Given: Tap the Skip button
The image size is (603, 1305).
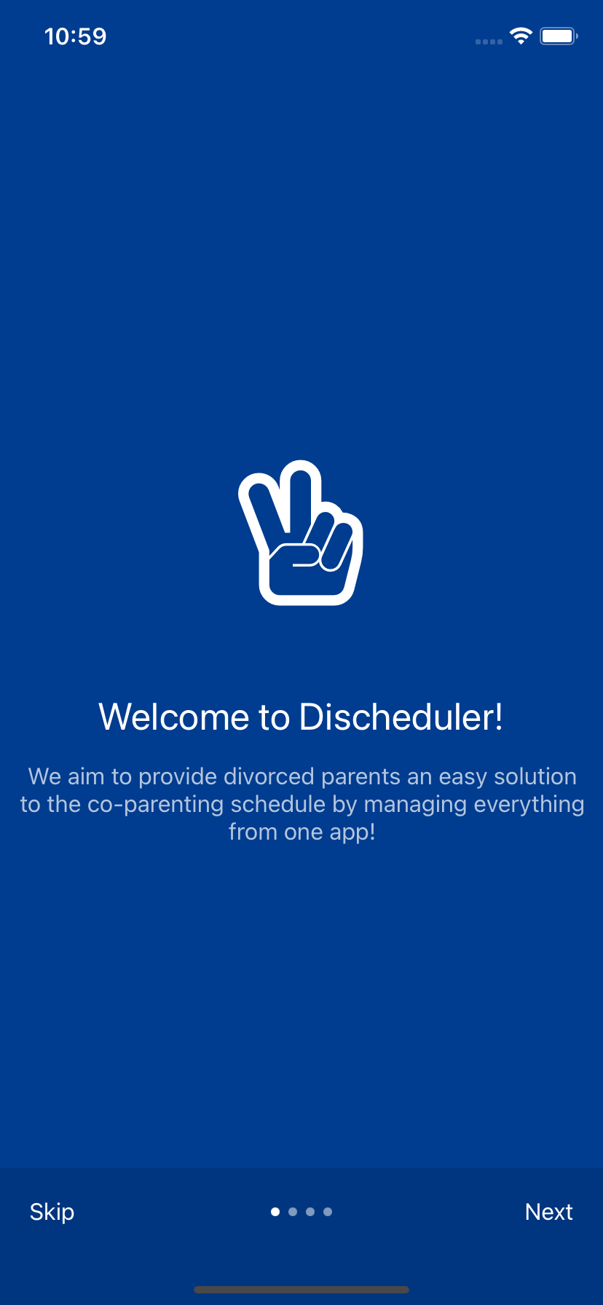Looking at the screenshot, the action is tap(52, 1212).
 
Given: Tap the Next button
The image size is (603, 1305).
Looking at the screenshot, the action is tap(549, 1212).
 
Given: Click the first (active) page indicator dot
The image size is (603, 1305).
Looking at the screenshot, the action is tap(275, 1212).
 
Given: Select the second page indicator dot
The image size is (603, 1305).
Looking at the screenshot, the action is tap(293, 1212).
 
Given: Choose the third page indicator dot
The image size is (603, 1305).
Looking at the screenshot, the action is tap(310, 1212).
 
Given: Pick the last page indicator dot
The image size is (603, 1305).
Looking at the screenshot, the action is tap(328, 1212).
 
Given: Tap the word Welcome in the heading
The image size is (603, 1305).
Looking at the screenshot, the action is tap(175, 717).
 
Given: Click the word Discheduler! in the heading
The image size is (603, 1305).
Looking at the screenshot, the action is tap(401, 717).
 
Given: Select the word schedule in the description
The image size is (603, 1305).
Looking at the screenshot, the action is tap(278, 804).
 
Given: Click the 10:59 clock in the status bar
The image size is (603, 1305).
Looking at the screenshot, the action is tap(75, 36).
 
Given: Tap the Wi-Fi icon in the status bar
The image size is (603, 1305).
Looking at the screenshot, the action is tap(521, 36).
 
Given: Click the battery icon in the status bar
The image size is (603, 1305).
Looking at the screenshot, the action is tap(559, 36).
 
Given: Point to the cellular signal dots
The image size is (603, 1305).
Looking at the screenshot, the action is tap(489, 42).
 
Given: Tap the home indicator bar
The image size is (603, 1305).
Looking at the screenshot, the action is tap(301, 1290).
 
